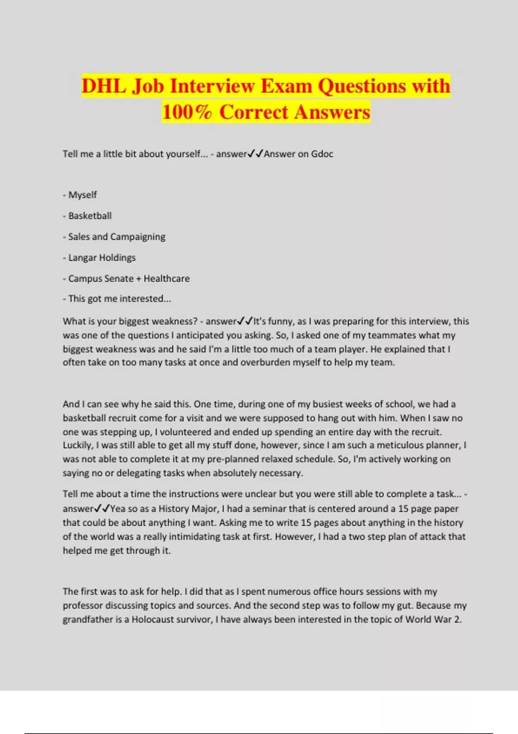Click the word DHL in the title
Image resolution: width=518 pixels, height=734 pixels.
point(104,86)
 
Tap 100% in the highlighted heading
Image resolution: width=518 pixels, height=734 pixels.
point(187,112)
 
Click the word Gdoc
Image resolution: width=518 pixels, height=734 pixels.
point(322,154)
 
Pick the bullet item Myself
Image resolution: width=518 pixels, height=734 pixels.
point(82,195)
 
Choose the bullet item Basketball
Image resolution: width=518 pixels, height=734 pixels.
point(90,216)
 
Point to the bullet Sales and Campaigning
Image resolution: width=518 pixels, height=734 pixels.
point(117,237)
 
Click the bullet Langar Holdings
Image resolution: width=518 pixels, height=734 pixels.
point(102,258)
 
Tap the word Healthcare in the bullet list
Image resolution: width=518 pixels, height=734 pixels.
point(167,278)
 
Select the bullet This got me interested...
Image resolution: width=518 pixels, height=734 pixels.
point(119,299)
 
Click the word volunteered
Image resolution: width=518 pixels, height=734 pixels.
point(186,432)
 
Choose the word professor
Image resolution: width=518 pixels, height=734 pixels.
point(82,606)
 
